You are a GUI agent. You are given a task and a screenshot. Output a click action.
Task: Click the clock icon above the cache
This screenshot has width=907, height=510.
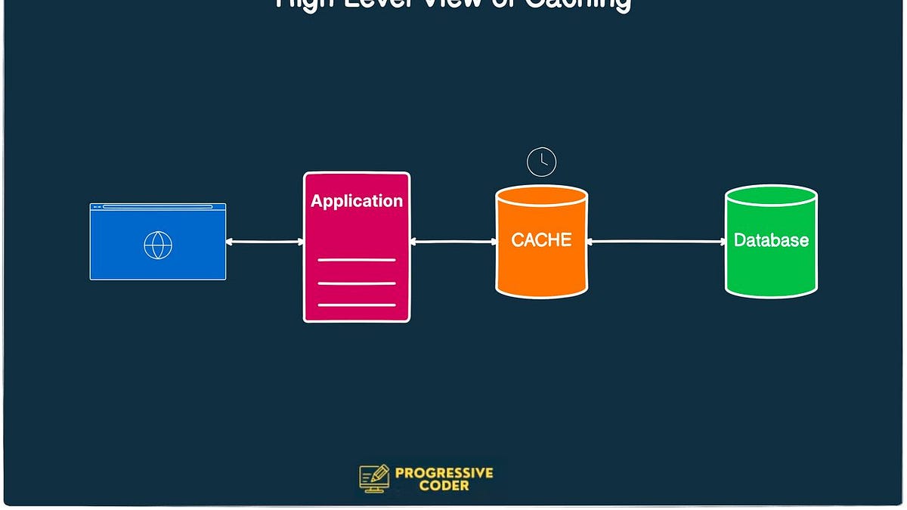click(541, 162)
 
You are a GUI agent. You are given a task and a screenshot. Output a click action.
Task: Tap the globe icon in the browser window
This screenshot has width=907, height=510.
click(158, 245)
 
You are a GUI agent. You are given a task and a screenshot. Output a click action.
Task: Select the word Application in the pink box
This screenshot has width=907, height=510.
click(357, 201)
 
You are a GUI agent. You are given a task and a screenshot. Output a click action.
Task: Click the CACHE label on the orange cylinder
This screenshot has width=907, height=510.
click(541, 240)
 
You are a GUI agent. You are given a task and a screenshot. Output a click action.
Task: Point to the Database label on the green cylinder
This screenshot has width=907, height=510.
click(771, 240)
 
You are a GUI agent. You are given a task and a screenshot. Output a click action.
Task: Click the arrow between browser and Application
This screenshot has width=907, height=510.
click(265, 242)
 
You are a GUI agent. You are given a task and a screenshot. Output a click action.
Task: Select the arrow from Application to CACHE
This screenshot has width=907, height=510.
click(453, 242)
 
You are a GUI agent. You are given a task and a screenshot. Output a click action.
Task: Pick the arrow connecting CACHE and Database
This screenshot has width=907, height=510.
click(656, 242)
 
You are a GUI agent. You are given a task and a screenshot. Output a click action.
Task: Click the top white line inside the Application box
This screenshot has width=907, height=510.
click(357, 260)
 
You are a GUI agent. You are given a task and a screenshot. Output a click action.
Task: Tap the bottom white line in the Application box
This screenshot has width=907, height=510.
click(357, 305)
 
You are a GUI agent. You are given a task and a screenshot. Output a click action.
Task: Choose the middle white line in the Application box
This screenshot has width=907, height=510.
click(357, 283)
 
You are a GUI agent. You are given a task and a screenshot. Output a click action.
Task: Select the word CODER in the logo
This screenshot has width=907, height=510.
click(444, 486)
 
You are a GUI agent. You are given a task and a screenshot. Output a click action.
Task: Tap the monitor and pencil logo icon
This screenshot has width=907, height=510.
click(374, 478)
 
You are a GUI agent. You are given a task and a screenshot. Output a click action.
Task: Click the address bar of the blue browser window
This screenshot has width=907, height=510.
click(157, 206)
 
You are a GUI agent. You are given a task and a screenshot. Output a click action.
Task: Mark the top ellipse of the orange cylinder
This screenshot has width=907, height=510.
click(541, 196)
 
